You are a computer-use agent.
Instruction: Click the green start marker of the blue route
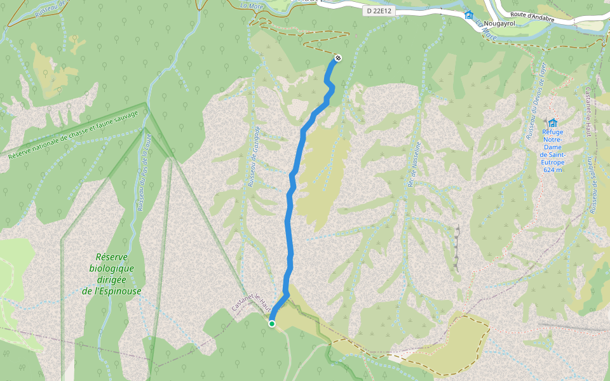[272, 324]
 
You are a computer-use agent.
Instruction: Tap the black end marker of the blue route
[338, 58]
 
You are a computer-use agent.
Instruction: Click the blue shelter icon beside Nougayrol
[469, 15]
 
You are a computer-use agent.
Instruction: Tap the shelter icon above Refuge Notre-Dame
[553, 123]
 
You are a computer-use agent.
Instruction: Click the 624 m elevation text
[553, 170]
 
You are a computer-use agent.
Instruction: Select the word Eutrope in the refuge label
[553, 162]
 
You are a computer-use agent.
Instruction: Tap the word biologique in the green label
[111, 268]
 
